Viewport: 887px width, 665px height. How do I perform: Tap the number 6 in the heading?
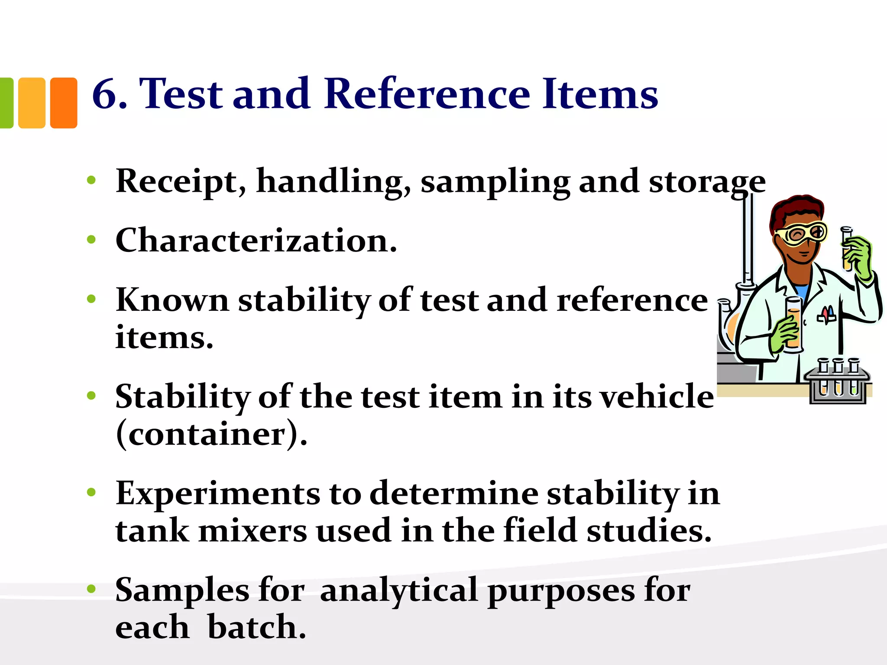(x=104, y=94)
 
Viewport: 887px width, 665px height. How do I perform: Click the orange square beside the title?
(x=64, y=103)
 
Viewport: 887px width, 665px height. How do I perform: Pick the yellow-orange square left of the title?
(x=32, y=103)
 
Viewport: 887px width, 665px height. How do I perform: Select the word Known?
(x=172, y=300)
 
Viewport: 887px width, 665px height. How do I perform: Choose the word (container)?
(x=211, y=434)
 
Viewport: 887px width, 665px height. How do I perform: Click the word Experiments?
(x=217, y=494)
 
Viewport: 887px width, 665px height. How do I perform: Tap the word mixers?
(x=252, y=531)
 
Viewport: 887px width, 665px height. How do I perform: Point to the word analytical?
(x=398, y=591)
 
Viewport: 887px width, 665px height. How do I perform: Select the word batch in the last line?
(x=256, y=627)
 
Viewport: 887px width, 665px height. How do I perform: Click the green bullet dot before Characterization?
(x=91, y=239)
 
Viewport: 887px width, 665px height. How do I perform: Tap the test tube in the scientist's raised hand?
(x=847, y=249)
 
